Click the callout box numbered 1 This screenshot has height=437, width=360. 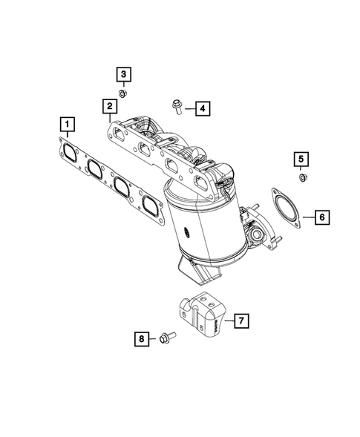coord(67,122)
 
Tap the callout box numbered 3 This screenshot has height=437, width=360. coord(123,73)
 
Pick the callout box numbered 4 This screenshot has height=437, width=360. coord(203,109)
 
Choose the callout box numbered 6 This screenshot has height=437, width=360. coord(322,217)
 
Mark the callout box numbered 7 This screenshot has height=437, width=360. coord(240,321)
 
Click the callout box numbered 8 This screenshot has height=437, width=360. coord(140,340)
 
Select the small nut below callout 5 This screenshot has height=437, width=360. coord(302,178)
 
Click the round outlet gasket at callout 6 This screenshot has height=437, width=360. coord(284,209)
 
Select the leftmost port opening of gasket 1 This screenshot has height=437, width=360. coord(71,151)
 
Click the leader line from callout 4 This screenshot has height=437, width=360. coord(189,108)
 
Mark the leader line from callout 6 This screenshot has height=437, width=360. coord(307,218)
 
